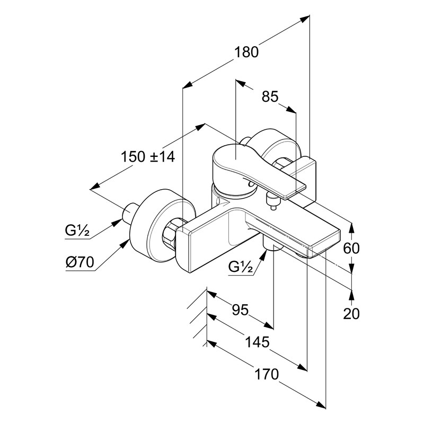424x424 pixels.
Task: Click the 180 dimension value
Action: (247, 52)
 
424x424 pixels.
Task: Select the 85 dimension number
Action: (270, 96)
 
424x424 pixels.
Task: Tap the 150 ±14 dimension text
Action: (148, 156)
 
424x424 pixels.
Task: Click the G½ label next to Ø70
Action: (77, 231)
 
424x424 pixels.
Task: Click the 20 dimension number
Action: (351, 313)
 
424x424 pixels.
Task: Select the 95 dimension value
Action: (240, 310)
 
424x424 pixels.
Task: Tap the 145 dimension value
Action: (257, 341)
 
